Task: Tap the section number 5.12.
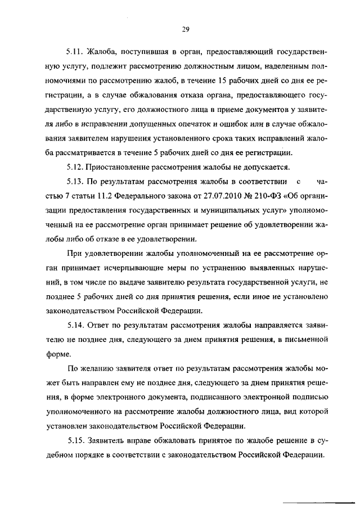[x=75, y=166]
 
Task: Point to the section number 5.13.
[x=75, y=181]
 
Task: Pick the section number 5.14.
[x=75, y=325]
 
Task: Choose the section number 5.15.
[x=75, y=440]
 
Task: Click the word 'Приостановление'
[x=122, y=166]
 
